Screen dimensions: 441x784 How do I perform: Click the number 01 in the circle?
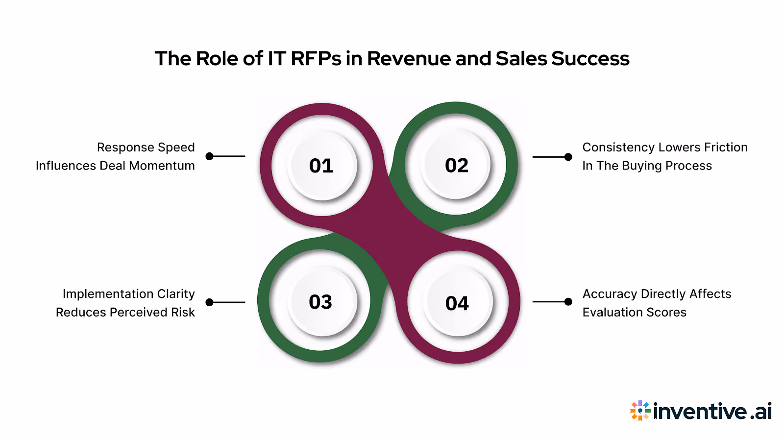(x=321, y=166)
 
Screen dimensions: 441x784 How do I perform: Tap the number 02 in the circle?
(x=457, y=166)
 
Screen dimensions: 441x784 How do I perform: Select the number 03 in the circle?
(x=320, y=302)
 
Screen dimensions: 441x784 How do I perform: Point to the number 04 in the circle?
(x=457, y=304)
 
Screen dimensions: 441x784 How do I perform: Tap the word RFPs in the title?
(x=316, y=59)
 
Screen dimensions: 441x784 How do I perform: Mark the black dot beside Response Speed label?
(x=210, y=156)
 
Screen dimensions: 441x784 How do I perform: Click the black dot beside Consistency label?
(x=568, y=157)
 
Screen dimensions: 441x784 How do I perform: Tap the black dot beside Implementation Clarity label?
(x=210, y=302)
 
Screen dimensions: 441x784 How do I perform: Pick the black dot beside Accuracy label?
(x=568, y=302)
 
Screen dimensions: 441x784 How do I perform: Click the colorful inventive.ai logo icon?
(x=640, y=411)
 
